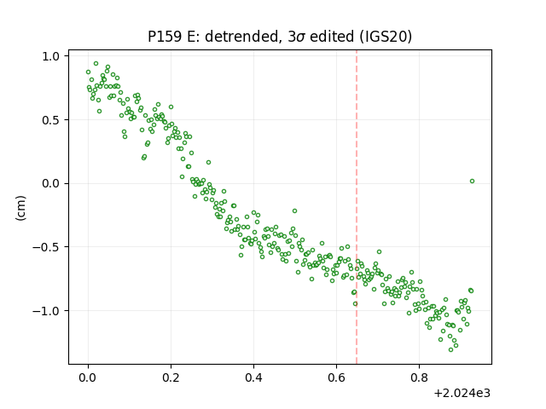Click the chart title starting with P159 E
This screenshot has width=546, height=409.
click(280, 37)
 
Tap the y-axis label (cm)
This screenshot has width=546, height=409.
click(20, 208)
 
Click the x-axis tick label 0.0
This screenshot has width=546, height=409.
click(88, 377)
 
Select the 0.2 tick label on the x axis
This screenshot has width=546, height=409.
click(171, 377)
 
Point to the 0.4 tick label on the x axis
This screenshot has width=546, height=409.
click(253, 377)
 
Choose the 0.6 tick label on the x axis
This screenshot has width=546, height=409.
click(336, 377)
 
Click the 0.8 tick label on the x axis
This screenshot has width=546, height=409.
click(419, 377)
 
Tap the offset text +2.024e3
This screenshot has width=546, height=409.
click(462, 394)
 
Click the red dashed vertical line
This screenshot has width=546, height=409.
click(357, 207)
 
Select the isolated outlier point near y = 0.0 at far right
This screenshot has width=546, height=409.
click(472, 181)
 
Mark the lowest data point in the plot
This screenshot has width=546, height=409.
click(451, 350)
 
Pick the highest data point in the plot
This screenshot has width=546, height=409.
click(96, 64)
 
